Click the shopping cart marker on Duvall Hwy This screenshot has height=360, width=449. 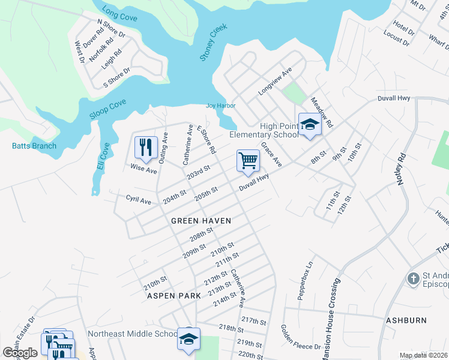[x=248, y=161]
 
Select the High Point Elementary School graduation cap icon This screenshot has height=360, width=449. [x=309, y=124]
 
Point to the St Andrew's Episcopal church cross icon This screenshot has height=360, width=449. [x=412, y=279]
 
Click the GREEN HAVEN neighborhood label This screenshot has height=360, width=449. [x=201, y=221]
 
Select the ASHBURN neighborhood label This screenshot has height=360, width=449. [x=406, y=320]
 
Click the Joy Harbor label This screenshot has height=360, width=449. [x=221, y=106]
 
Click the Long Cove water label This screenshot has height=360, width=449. [x=119, y=14]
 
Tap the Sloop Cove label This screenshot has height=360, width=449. [x=108, y=109]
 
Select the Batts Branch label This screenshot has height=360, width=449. [x=34, y=146]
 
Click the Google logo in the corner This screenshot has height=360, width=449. [x=20, y=353]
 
